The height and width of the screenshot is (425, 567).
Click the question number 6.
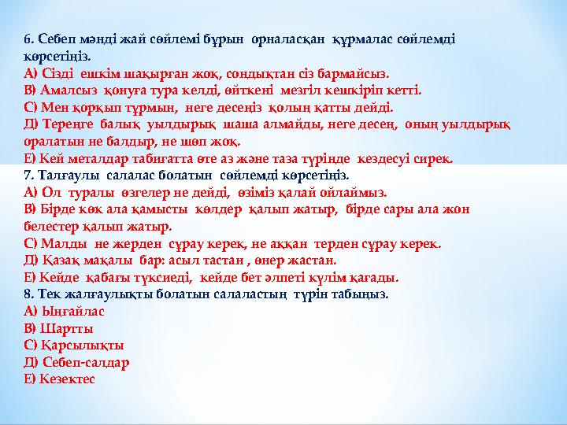coord(28,39)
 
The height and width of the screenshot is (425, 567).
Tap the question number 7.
coord(28,175)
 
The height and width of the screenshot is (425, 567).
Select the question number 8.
coord(28,294)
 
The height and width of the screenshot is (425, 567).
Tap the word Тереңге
coord(64,124)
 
